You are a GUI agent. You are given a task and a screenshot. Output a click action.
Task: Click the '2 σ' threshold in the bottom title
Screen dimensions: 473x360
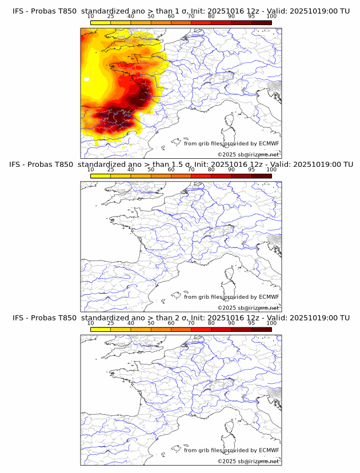tap(182, 318)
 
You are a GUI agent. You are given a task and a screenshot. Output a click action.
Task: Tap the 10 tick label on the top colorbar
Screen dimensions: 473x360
tap(90, 17)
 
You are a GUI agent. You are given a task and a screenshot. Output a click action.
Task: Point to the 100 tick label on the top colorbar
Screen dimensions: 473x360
tap(271, 17)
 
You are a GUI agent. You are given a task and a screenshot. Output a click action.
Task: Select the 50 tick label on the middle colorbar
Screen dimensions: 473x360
tap(151, 170)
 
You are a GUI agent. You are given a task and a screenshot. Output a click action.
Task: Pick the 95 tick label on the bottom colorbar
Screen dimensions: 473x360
tap(251, 323)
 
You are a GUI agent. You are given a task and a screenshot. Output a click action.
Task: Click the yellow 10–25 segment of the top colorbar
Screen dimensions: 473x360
tap(101, 22)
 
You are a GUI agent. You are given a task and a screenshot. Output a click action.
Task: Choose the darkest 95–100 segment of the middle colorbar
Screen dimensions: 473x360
tap(261, 175)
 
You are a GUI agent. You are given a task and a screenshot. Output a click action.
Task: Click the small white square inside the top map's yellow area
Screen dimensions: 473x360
tap(86, 79)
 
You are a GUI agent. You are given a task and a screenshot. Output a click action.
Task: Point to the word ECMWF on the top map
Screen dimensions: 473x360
tap(269, 144)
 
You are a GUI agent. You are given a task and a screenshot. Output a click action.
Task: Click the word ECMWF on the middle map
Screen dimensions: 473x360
tap(269, 297)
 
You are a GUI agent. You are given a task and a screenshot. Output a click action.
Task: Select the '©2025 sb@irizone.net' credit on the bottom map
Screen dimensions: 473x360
tap(248, 461)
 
